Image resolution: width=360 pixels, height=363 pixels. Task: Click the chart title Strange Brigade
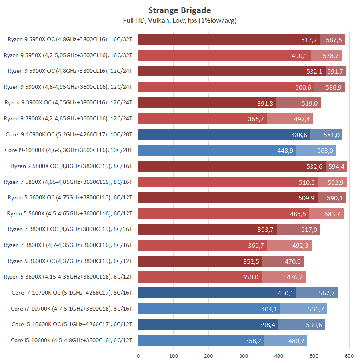(180, 10)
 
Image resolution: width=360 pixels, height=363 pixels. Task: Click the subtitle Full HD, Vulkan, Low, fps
(180, 20)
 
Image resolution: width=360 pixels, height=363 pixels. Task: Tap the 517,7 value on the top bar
(309, 40)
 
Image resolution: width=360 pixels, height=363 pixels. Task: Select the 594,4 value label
(335, 166)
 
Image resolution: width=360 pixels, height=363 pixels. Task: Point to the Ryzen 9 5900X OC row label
(70, 71)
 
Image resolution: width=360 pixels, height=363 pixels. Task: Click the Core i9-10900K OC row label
(69, 134)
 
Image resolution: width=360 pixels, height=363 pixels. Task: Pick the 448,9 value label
(284, 150)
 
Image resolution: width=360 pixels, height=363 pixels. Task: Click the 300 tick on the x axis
(244, 355)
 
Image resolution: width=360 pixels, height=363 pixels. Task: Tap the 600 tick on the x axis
(349, 355)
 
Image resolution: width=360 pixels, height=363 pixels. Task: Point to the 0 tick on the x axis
(138, 355)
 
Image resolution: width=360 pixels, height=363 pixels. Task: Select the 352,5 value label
(251, 261)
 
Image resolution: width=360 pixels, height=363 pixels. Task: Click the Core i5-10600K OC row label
(72, 325)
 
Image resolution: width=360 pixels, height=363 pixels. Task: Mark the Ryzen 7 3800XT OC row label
(70, 229)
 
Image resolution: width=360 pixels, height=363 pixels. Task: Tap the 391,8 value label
(265, 103)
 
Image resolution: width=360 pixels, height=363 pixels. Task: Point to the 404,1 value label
(269, 309)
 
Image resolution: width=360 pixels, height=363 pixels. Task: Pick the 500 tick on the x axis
(314, 355)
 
